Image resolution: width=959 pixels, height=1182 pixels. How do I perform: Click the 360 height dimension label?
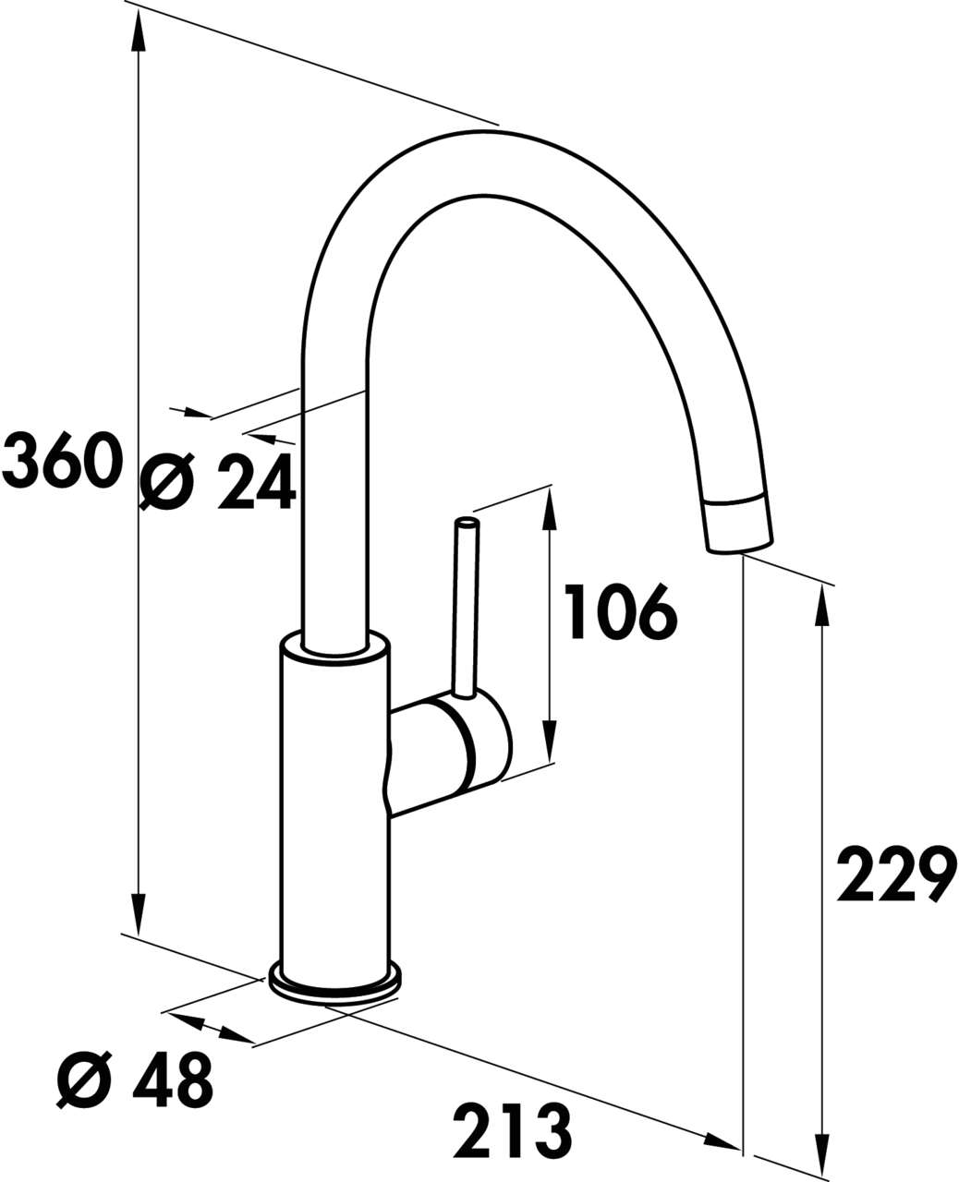click(x=63, y=461)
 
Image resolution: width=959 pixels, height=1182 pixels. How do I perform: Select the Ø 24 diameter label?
click(x=218, y=481)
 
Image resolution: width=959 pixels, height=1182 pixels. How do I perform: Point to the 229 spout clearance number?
click(x=894, y=874)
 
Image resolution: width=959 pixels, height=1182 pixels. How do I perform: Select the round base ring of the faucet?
click(x=334, y=986)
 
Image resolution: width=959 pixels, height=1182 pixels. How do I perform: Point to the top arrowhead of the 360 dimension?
click(x=139, y=33)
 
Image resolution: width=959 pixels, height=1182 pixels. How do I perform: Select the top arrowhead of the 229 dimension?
click(x=819, y=606)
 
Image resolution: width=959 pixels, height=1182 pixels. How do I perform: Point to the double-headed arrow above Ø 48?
click(x=210, y=1029)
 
